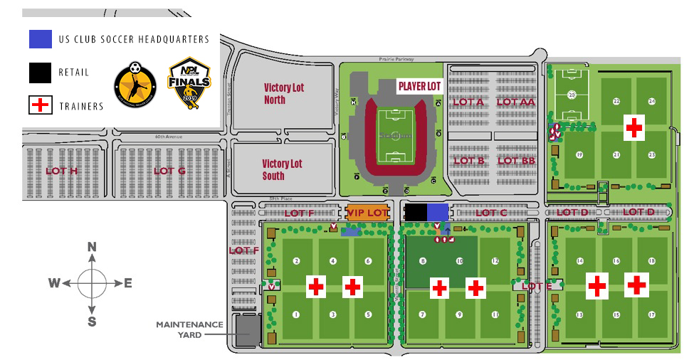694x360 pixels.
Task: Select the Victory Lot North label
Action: [x=284, y=93]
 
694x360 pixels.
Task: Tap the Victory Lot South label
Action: [x=283, y=169]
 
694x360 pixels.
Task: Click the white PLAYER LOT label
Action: [x=419, y=86]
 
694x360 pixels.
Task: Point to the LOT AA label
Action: [x=515, y=102]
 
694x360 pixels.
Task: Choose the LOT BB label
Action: [x=516, y=161]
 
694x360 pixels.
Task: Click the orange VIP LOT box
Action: [x=367, y=213]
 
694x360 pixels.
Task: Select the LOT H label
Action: [x=61, y=171]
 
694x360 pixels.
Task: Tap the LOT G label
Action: [x=169, y=171]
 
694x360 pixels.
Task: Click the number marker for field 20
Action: [x=571, y=95]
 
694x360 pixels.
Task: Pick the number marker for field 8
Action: [x=423, y=261]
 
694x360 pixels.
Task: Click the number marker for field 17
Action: [x=651, y=314]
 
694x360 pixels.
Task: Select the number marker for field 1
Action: [x=296, y=314]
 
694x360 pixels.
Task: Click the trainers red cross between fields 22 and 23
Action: [x=633, y=127]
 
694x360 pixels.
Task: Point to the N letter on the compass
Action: [x=92, y=247]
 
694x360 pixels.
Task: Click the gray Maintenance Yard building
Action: [x=248, y=331]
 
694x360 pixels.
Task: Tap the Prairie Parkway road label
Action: [x=395, y=59]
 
